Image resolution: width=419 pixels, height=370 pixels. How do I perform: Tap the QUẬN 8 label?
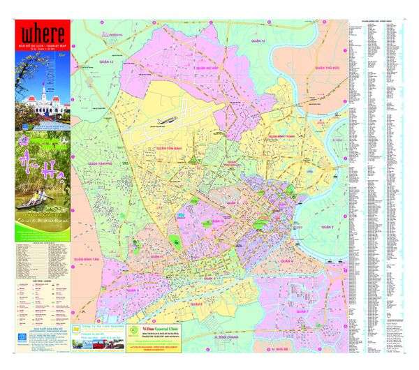pos(198,304)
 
